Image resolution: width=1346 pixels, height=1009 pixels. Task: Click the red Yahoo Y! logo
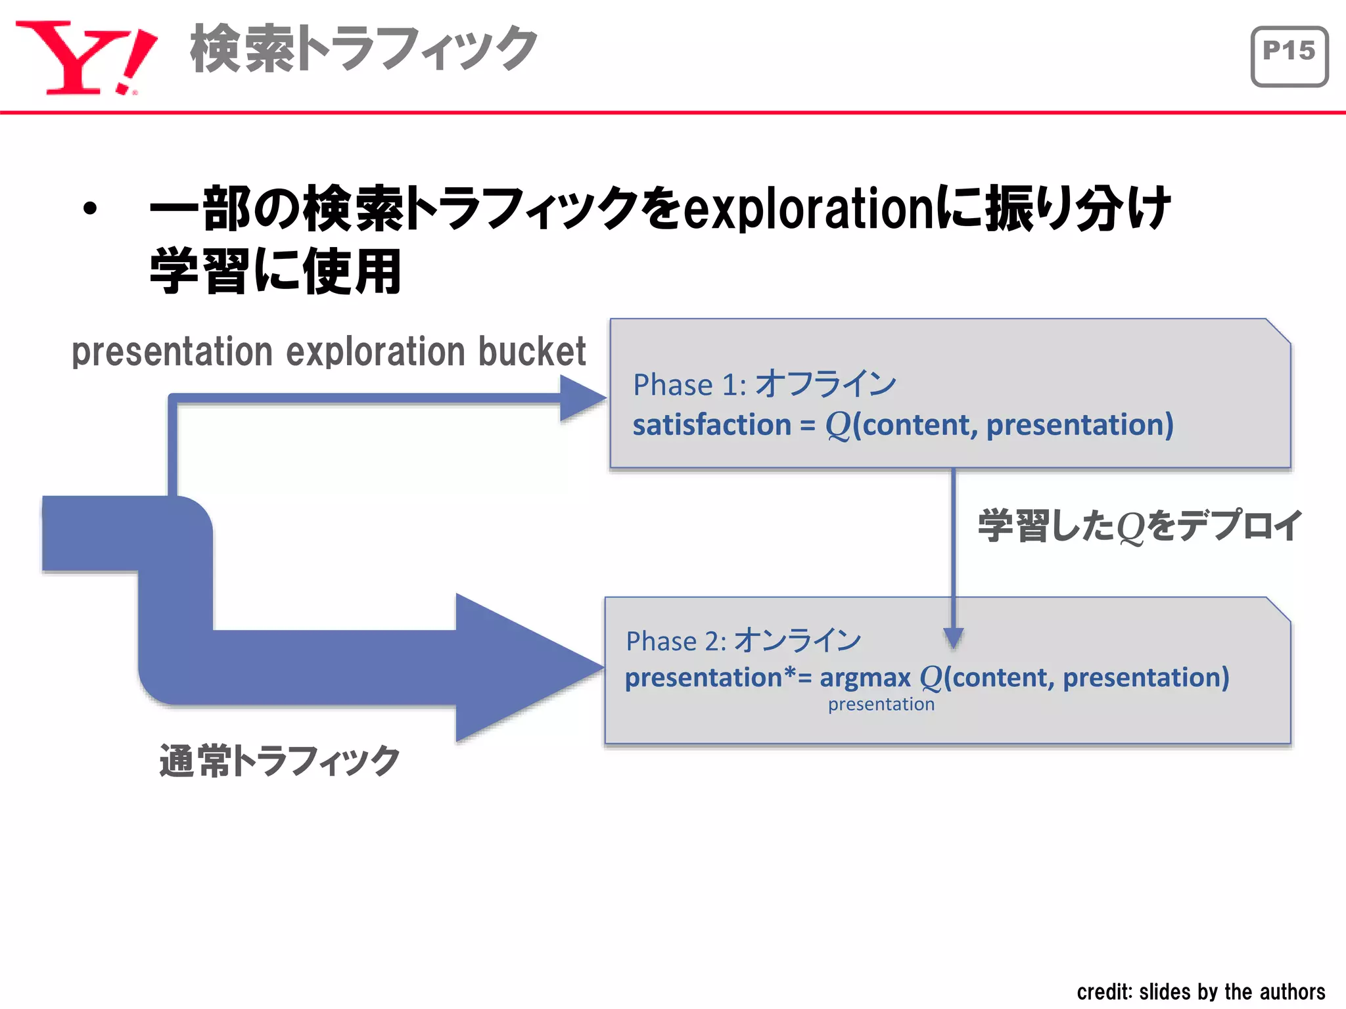tap(85, 58)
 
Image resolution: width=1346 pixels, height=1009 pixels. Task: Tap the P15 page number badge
tap(1289, 56)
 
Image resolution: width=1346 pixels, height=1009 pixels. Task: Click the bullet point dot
tap(90, 209)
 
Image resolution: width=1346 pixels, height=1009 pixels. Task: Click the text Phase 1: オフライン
tap(764, 384)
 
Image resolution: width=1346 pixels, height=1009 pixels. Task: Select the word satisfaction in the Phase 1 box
tap(711, 425)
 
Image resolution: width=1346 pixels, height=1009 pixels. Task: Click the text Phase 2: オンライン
tap(743, 640)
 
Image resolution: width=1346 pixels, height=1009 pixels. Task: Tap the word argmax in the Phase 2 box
tap(865, 678)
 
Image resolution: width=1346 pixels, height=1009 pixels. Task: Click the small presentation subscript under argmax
tap(881, 705)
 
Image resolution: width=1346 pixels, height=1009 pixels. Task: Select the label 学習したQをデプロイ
tap(1139, 526)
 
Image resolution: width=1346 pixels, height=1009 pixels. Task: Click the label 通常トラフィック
tap(279, 761)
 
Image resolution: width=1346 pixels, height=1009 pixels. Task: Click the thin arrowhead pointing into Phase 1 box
tap(582, 398)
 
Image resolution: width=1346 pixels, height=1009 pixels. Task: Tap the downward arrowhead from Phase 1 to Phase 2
tap(953, 637)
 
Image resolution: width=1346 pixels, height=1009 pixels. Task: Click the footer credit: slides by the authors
tap(1200, 991)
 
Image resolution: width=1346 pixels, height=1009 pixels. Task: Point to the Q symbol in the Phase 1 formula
tap(838, 426)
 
